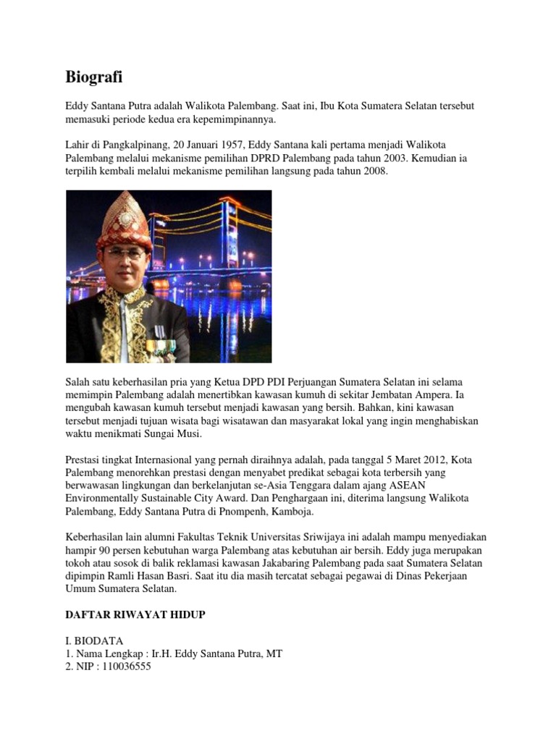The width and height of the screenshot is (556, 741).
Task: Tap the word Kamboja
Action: pyautogui.click(x=292, y=512)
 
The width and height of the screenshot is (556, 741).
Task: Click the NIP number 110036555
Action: pyautogui.click(x=127, y=667)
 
